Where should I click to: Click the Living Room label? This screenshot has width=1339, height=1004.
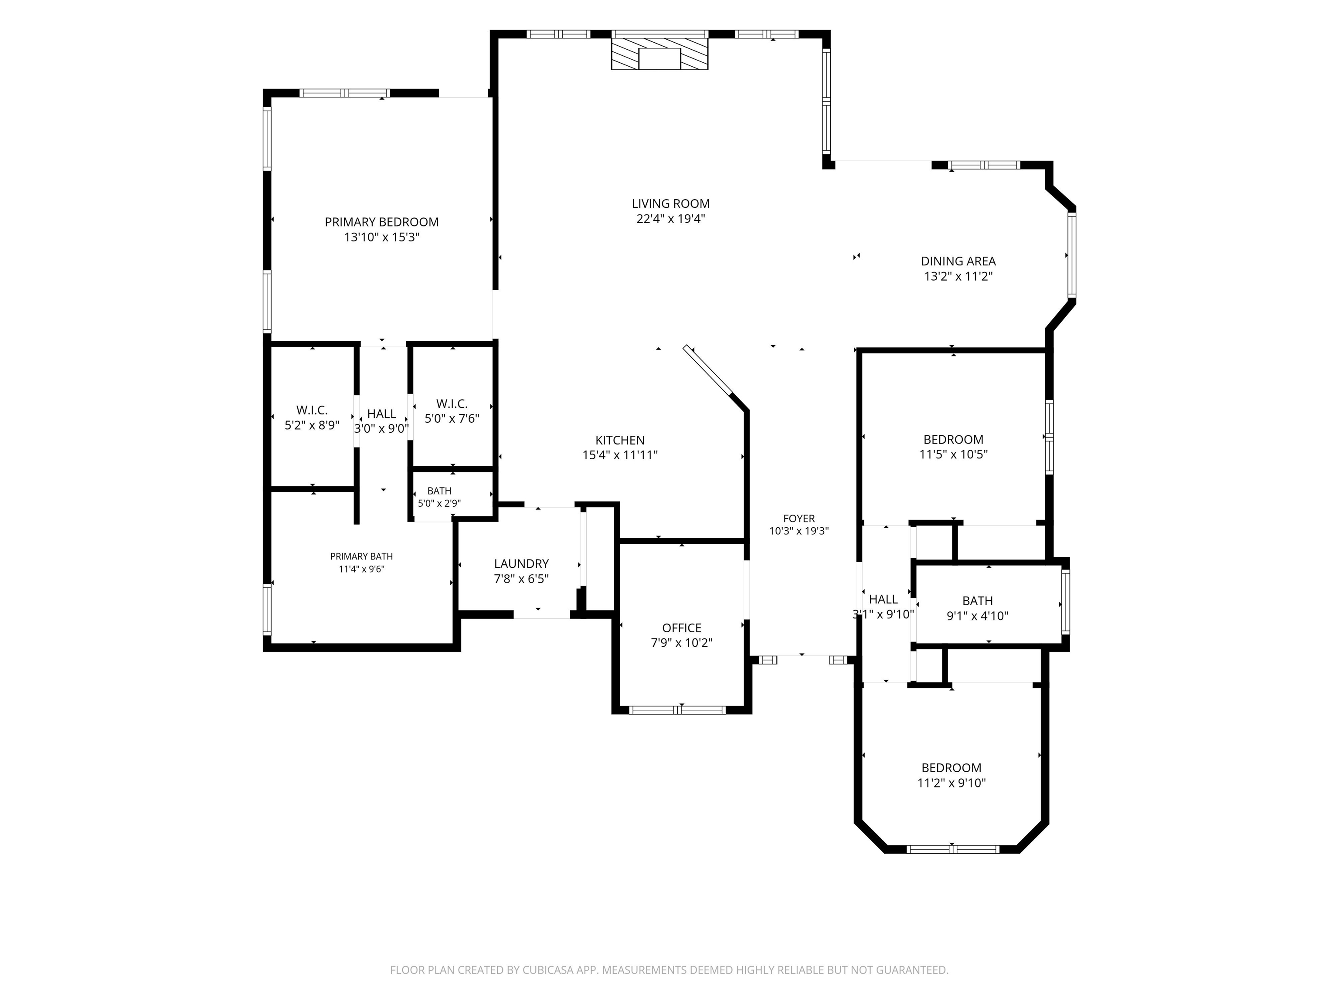671,204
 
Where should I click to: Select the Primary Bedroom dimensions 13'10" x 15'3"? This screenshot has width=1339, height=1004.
382,237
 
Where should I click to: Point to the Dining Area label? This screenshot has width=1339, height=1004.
958,261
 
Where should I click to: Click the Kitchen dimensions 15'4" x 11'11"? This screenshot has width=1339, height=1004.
620,455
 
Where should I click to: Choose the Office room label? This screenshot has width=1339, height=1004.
682,628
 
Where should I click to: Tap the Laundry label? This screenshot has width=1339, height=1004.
521,564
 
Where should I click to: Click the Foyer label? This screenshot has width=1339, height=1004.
799,519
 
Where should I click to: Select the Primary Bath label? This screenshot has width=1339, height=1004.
361,556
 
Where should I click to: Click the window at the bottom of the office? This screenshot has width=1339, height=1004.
677,710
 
